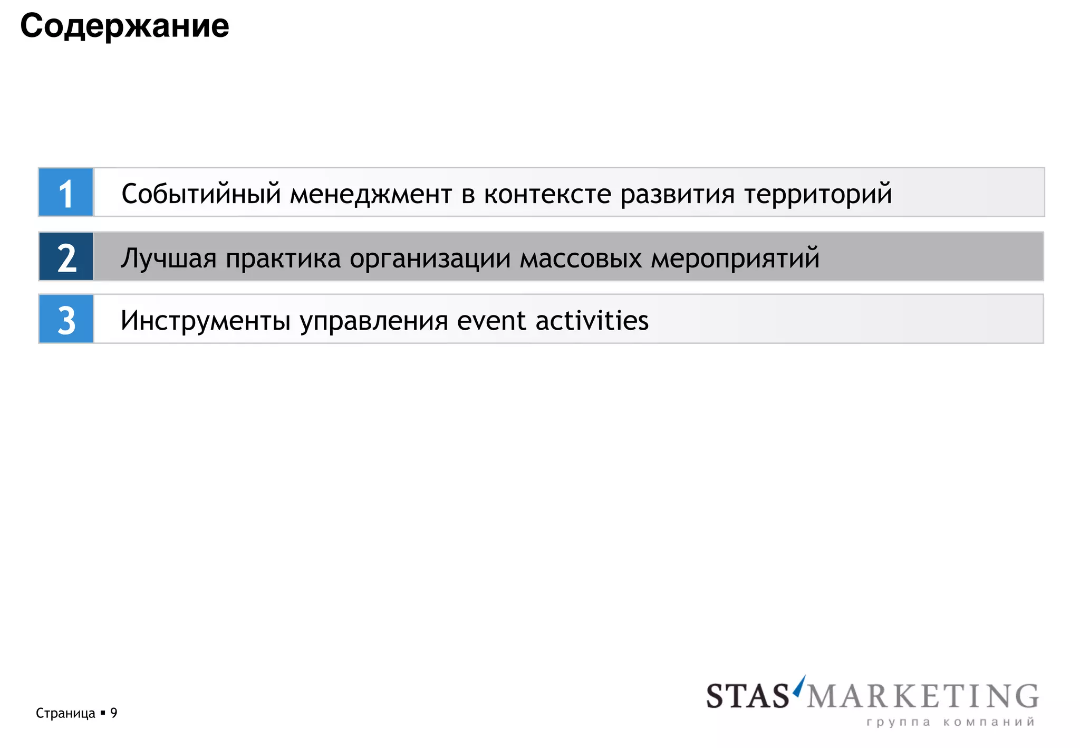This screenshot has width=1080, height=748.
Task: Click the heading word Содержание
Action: point(124,26)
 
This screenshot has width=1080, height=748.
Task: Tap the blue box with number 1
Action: point(66,193)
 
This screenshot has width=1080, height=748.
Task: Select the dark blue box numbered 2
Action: point(66,257)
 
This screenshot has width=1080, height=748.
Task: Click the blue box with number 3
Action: point(66,319)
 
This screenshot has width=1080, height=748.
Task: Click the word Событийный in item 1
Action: point(201,194)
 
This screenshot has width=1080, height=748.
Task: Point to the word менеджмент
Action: point(371,195)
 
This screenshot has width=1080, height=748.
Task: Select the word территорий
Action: point(818,195)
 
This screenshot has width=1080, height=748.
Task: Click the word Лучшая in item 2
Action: point(168,258)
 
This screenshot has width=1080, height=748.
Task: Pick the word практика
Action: point(283,258)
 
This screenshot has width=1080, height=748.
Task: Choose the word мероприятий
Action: point(735,258)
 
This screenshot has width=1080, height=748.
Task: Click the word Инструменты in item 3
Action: point(205,321)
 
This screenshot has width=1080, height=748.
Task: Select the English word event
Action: point(491,321)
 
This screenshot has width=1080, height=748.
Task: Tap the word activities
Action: point(592,320)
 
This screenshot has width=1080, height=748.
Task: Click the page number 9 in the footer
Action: point(114,713)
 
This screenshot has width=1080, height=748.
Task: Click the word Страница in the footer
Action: point(65,713)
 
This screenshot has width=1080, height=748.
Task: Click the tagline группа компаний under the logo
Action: point(950,722)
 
